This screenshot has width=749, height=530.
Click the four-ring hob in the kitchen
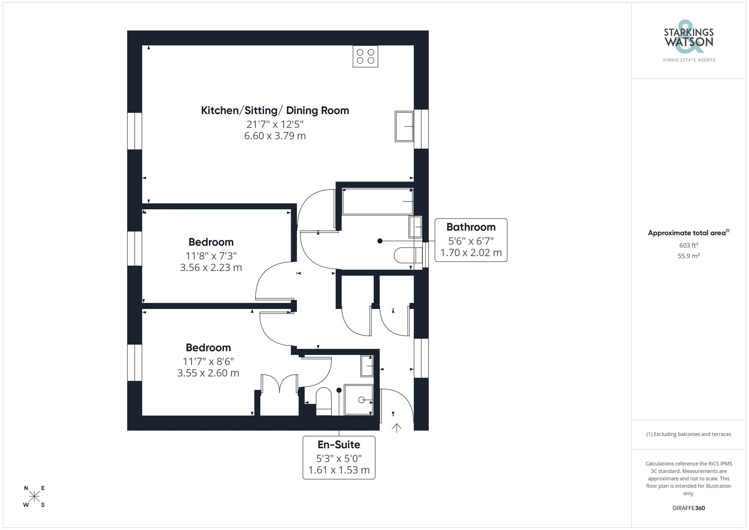(x=365, y=57)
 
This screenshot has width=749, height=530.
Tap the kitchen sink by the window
(x=404, y=127)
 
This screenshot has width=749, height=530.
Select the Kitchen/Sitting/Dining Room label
(x=275, y=110)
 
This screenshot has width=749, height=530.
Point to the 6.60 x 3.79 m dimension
(x=275, y=136)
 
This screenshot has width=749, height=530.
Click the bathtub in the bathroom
(x=377, y=202)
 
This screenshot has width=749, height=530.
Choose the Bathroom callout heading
(x=471, y=227)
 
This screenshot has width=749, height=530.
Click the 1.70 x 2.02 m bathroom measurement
(x=471, y=253)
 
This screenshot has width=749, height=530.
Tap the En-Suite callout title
(x=339, y=445)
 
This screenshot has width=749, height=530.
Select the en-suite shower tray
(x=358, y=400)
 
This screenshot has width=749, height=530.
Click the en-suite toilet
(x=324, y=401)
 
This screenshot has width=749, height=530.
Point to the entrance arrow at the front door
(x=397, y=428)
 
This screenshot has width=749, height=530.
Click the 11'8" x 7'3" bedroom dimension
(x=211, y=256)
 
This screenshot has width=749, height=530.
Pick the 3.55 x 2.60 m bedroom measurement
(x=208, y=373)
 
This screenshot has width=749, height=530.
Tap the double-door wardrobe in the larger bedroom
(x=279, y=395)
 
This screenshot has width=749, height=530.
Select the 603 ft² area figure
(x=688, y=245)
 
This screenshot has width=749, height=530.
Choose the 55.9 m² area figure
(x=688, y=256)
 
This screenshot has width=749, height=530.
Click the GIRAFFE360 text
(x=688, y=508)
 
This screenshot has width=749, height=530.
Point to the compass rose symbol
(x=34, y=497)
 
